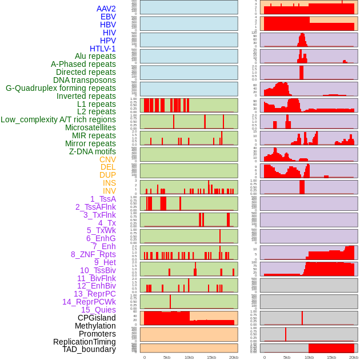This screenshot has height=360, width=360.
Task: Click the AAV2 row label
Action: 106,9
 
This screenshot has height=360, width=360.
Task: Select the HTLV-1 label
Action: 102,49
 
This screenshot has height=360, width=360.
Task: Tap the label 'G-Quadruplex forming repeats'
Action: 61,88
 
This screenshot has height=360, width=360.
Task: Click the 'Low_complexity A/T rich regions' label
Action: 58,119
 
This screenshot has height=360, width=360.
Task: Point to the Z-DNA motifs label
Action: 93,151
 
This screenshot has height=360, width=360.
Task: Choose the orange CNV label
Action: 107,159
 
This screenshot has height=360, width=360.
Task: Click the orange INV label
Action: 109,191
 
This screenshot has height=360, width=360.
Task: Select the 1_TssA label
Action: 103,199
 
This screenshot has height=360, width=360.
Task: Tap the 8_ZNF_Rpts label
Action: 93,254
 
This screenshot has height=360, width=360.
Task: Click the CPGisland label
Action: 97,318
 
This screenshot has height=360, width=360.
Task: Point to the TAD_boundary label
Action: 89,349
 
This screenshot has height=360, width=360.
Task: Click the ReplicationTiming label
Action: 85,342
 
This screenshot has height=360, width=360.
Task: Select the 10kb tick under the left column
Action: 189,357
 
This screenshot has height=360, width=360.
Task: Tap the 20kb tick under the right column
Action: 354,357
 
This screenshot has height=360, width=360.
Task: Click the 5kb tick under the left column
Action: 167,357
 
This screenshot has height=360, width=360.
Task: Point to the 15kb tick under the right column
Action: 331,357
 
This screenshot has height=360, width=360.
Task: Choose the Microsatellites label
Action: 90,127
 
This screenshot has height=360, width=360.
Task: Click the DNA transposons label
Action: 85,80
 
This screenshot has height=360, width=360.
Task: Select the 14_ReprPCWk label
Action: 89,302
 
